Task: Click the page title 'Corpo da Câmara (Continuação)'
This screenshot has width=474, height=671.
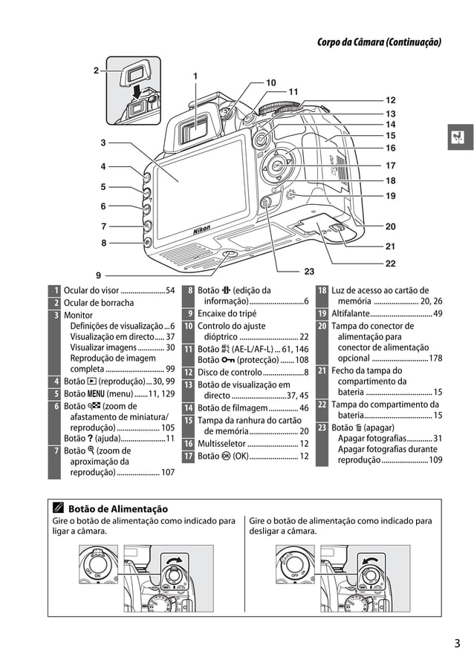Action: click(379, 42)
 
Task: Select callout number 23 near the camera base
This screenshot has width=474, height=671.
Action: click(310, 271)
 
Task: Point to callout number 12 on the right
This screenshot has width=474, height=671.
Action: click(391, 99)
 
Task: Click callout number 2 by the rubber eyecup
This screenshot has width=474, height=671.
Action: click(97, 71)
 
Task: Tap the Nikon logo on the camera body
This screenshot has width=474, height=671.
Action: click(201, 231)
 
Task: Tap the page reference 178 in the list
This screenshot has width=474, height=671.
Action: click(435, 359)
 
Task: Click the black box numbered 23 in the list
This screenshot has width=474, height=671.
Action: click(322, 428)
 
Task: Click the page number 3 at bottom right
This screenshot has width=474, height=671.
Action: click(457, 643)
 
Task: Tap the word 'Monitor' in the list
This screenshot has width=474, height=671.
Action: click(79, 315)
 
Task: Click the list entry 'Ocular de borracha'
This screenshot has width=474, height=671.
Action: click(99, 303)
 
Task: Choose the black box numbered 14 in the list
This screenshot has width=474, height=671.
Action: click(188, 407)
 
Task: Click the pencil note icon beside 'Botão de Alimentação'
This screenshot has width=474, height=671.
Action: click(57, 508)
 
